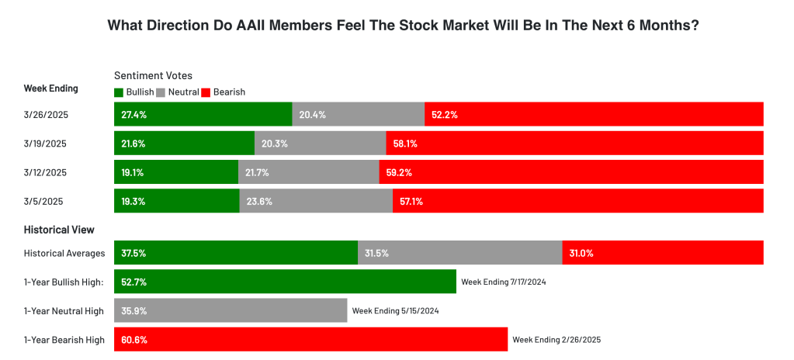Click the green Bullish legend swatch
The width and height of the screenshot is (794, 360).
tap(119, 92)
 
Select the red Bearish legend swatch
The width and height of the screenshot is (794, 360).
tap(206, 92)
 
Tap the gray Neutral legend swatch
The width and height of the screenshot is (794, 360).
tap(161, 92)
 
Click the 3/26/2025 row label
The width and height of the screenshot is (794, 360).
tap(47, 115)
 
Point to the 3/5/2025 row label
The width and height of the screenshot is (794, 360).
tap(43, 201)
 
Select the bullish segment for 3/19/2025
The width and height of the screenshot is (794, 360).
tap(184, 144)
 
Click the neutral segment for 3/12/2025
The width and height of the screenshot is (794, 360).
tap(309, 172)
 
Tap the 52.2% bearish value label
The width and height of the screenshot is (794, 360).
tap(444, 115)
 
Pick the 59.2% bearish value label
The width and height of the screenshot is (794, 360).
tap(398, 172)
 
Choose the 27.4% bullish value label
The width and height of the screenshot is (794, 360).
tap(133, 115)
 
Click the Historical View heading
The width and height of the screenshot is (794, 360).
tap(59, 230)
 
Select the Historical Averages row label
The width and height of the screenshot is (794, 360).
tap(64, 253)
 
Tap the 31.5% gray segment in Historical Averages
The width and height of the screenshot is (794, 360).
tap(459, 253)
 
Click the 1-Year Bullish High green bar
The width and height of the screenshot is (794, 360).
tap(285, 282)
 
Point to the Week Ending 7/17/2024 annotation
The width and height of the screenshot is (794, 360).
tap(503, 282)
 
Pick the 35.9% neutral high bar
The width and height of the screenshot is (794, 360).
tap(231, 310)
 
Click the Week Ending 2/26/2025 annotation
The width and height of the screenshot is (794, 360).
tap(556, 339)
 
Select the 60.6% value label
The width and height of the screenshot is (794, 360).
tap(134, 339)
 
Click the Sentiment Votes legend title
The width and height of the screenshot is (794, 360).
tap(153, 75)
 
